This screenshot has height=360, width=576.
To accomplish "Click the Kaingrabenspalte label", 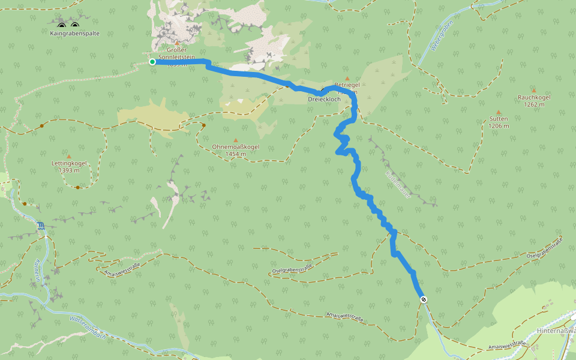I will pyautogui.click(x=75, y=34).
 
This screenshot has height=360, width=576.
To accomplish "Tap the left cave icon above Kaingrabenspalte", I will pyautogui.click(x=62, y=25).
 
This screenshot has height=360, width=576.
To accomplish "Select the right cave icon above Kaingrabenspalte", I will pyautogui.click(x=75, y=25).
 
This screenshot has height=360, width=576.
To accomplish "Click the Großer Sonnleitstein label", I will pyautogui.click(x=177, y=53).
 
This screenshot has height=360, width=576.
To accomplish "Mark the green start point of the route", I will pyautogui.click(x=152, y=61).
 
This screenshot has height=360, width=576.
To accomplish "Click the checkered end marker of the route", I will pyautogui.click(x=424, y=299).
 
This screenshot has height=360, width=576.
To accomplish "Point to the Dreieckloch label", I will pyautogui.click(x=324, y=98).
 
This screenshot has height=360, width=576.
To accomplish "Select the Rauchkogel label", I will pyautogui.click(x=534, y=97).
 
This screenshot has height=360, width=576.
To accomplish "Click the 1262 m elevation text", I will pyautogui.click(x=534, y=104).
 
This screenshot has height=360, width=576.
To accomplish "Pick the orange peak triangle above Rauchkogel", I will pyautogui.click(x=533, y=91).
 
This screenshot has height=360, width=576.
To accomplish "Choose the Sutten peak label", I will pyautogui.click(x=498, y=119).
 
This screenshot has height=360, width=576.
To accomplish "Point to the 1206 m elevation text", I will pyautogui.click(x=498, y=126).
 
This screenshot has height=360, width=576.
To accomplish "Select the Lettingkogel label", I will pyautogui.click(x=70, y=163).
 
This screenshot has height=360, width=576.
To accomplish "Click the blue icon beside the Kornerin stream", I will pyautogui.click(x=41, y=226).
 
